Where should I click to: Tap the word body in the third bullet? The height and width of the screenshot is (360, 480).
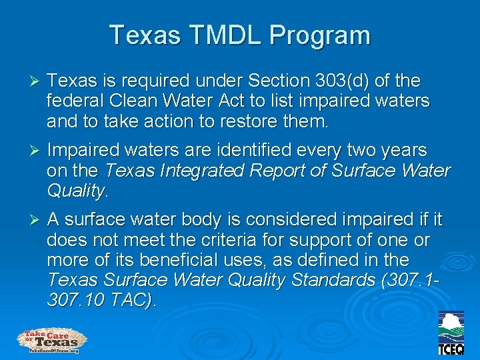tap(255, 220)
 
